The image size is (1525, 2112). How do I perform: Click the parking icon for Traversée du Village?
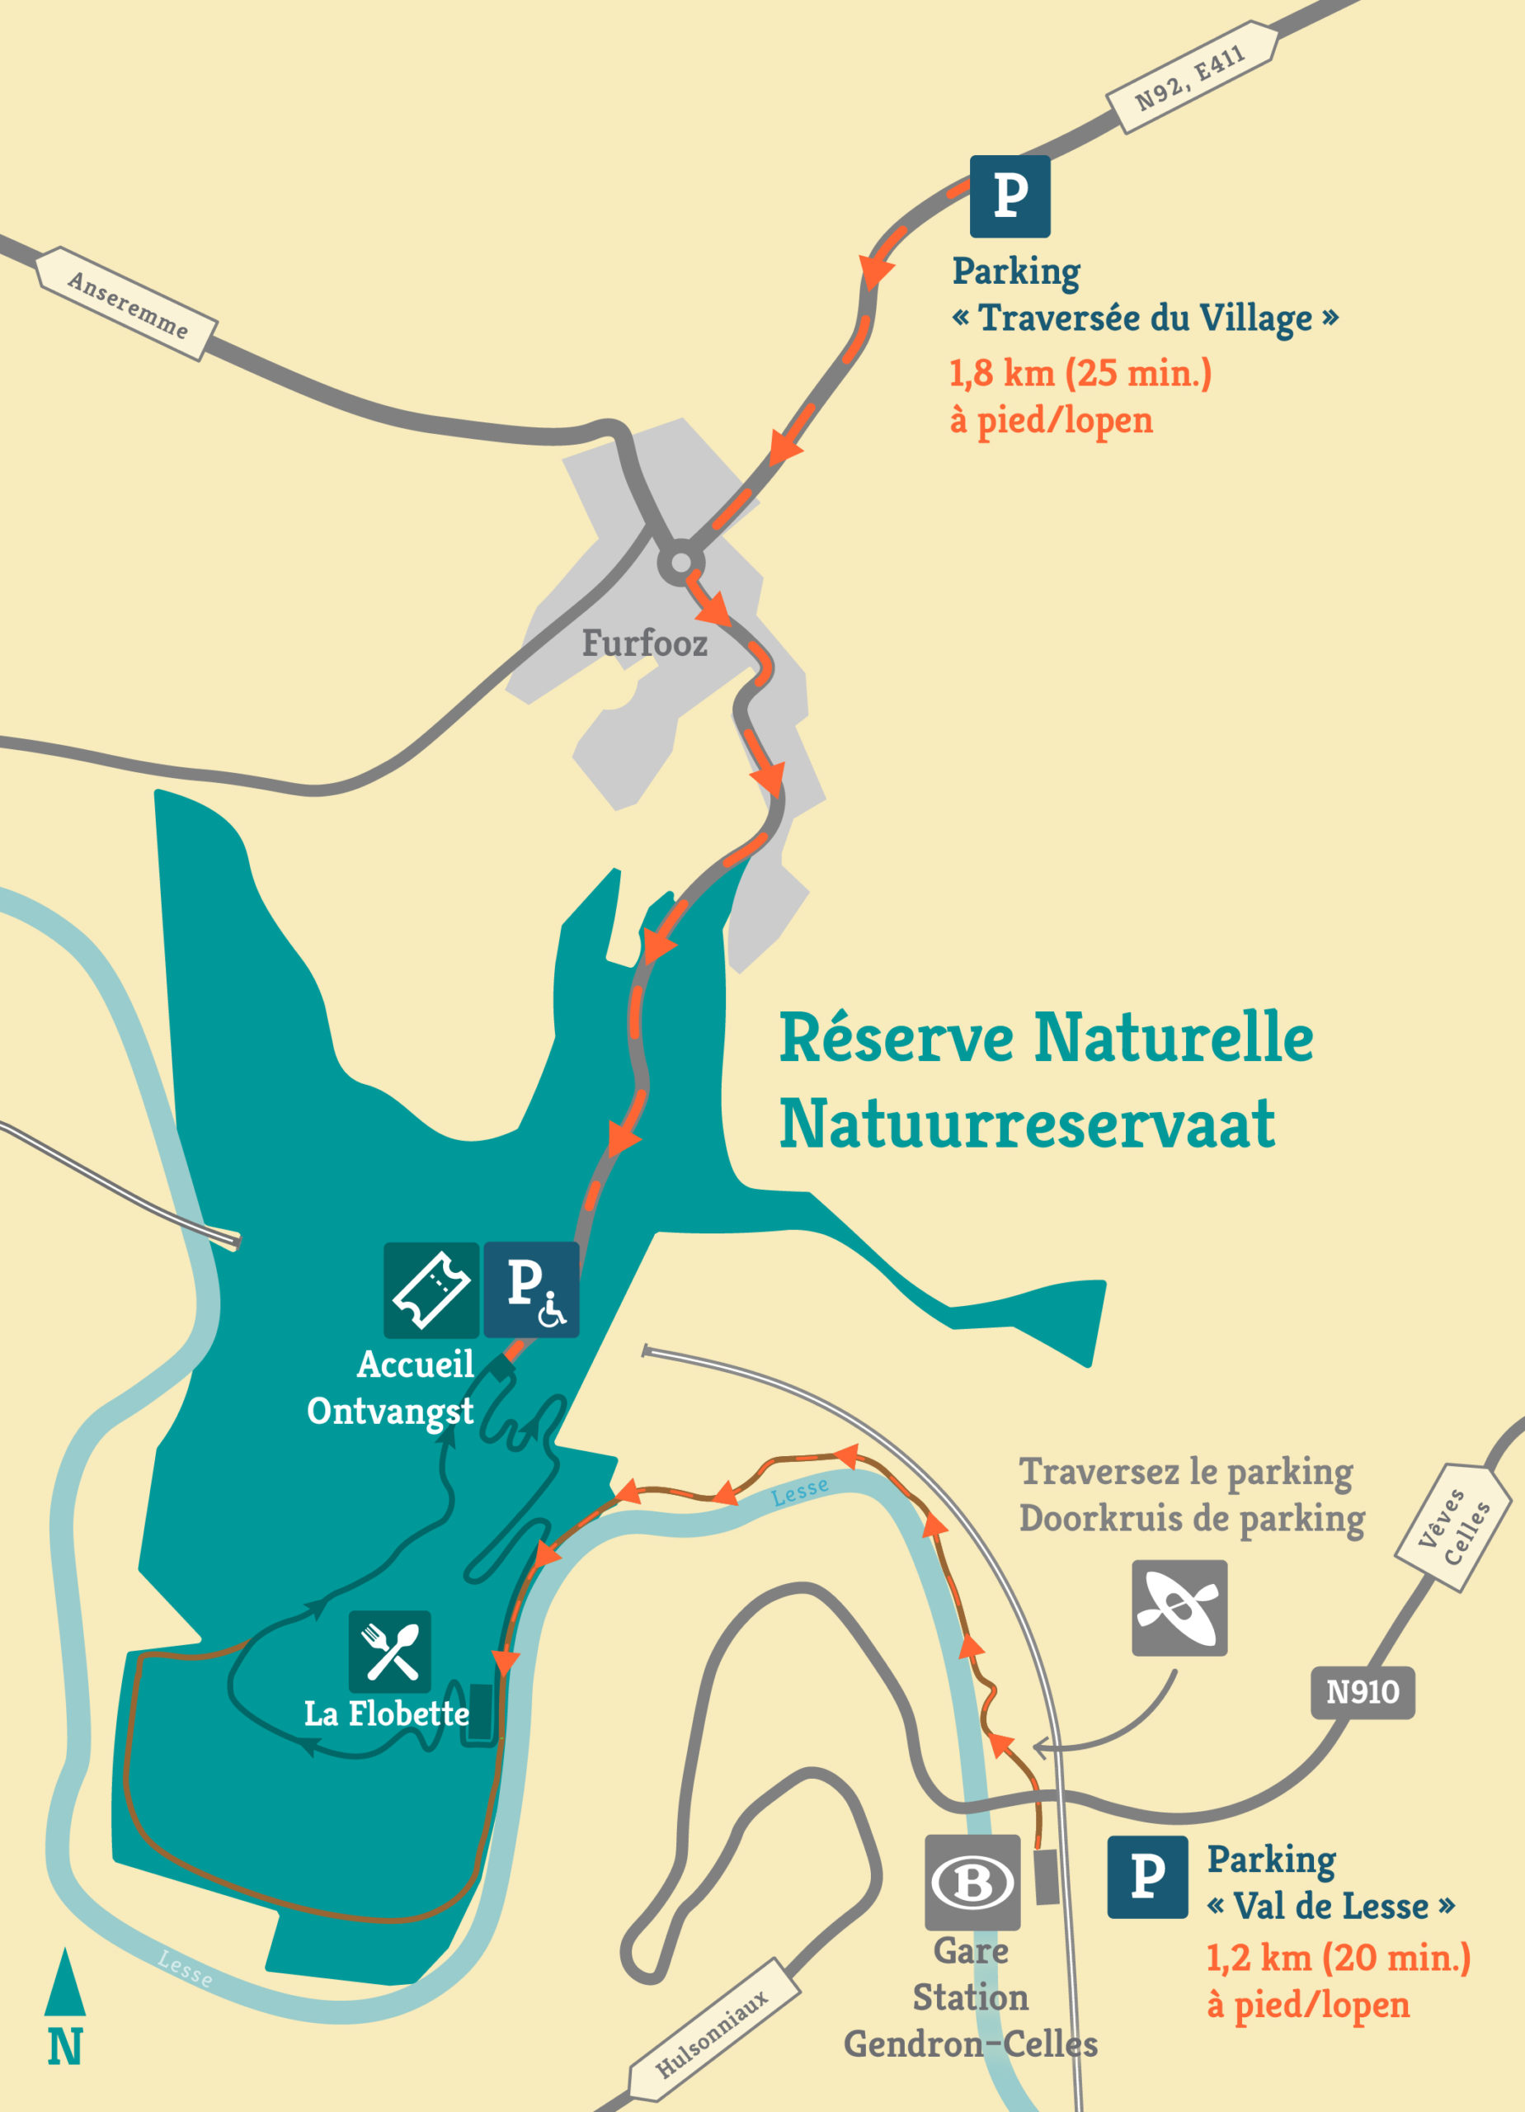[x=1010, y=196]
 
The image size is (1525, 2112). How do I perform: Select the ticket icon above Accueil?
[x=431, y=1289]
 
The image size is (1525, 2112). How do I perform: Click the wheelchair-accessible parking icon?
[x=530, y=1289]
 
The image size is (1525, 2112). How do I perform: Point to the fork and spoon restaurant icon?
[x=390, y=1651]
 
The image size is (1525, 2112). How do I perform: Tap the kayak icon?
[x=1179, y=1608]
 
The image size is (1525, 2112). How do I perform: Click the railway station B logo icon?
[x=972, y=1882]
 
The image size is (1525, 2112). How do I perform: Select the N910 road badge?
[x=1362, y=1692]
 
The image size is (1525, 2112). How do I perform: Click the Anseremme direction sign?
[x=127, y=304]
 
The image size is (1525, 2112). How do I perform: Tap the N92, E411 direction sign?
[x=1191, y=78]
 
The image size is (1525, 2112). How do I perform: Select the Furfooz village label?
[x=644, y=643]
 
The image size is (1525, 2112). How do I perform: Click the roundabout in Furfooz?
[x=680, y=563]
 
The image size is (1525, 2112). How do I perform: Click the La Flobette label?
[x=386, y=1714]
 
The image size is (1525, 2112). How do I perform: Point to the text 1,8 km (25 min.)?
[x=1080, y=374]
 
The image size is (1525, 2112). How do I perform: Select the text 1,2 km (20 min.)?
[x=1338, y=1958]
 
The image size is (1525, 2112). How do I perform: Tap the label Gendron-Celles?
[x=970, y=2044]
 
